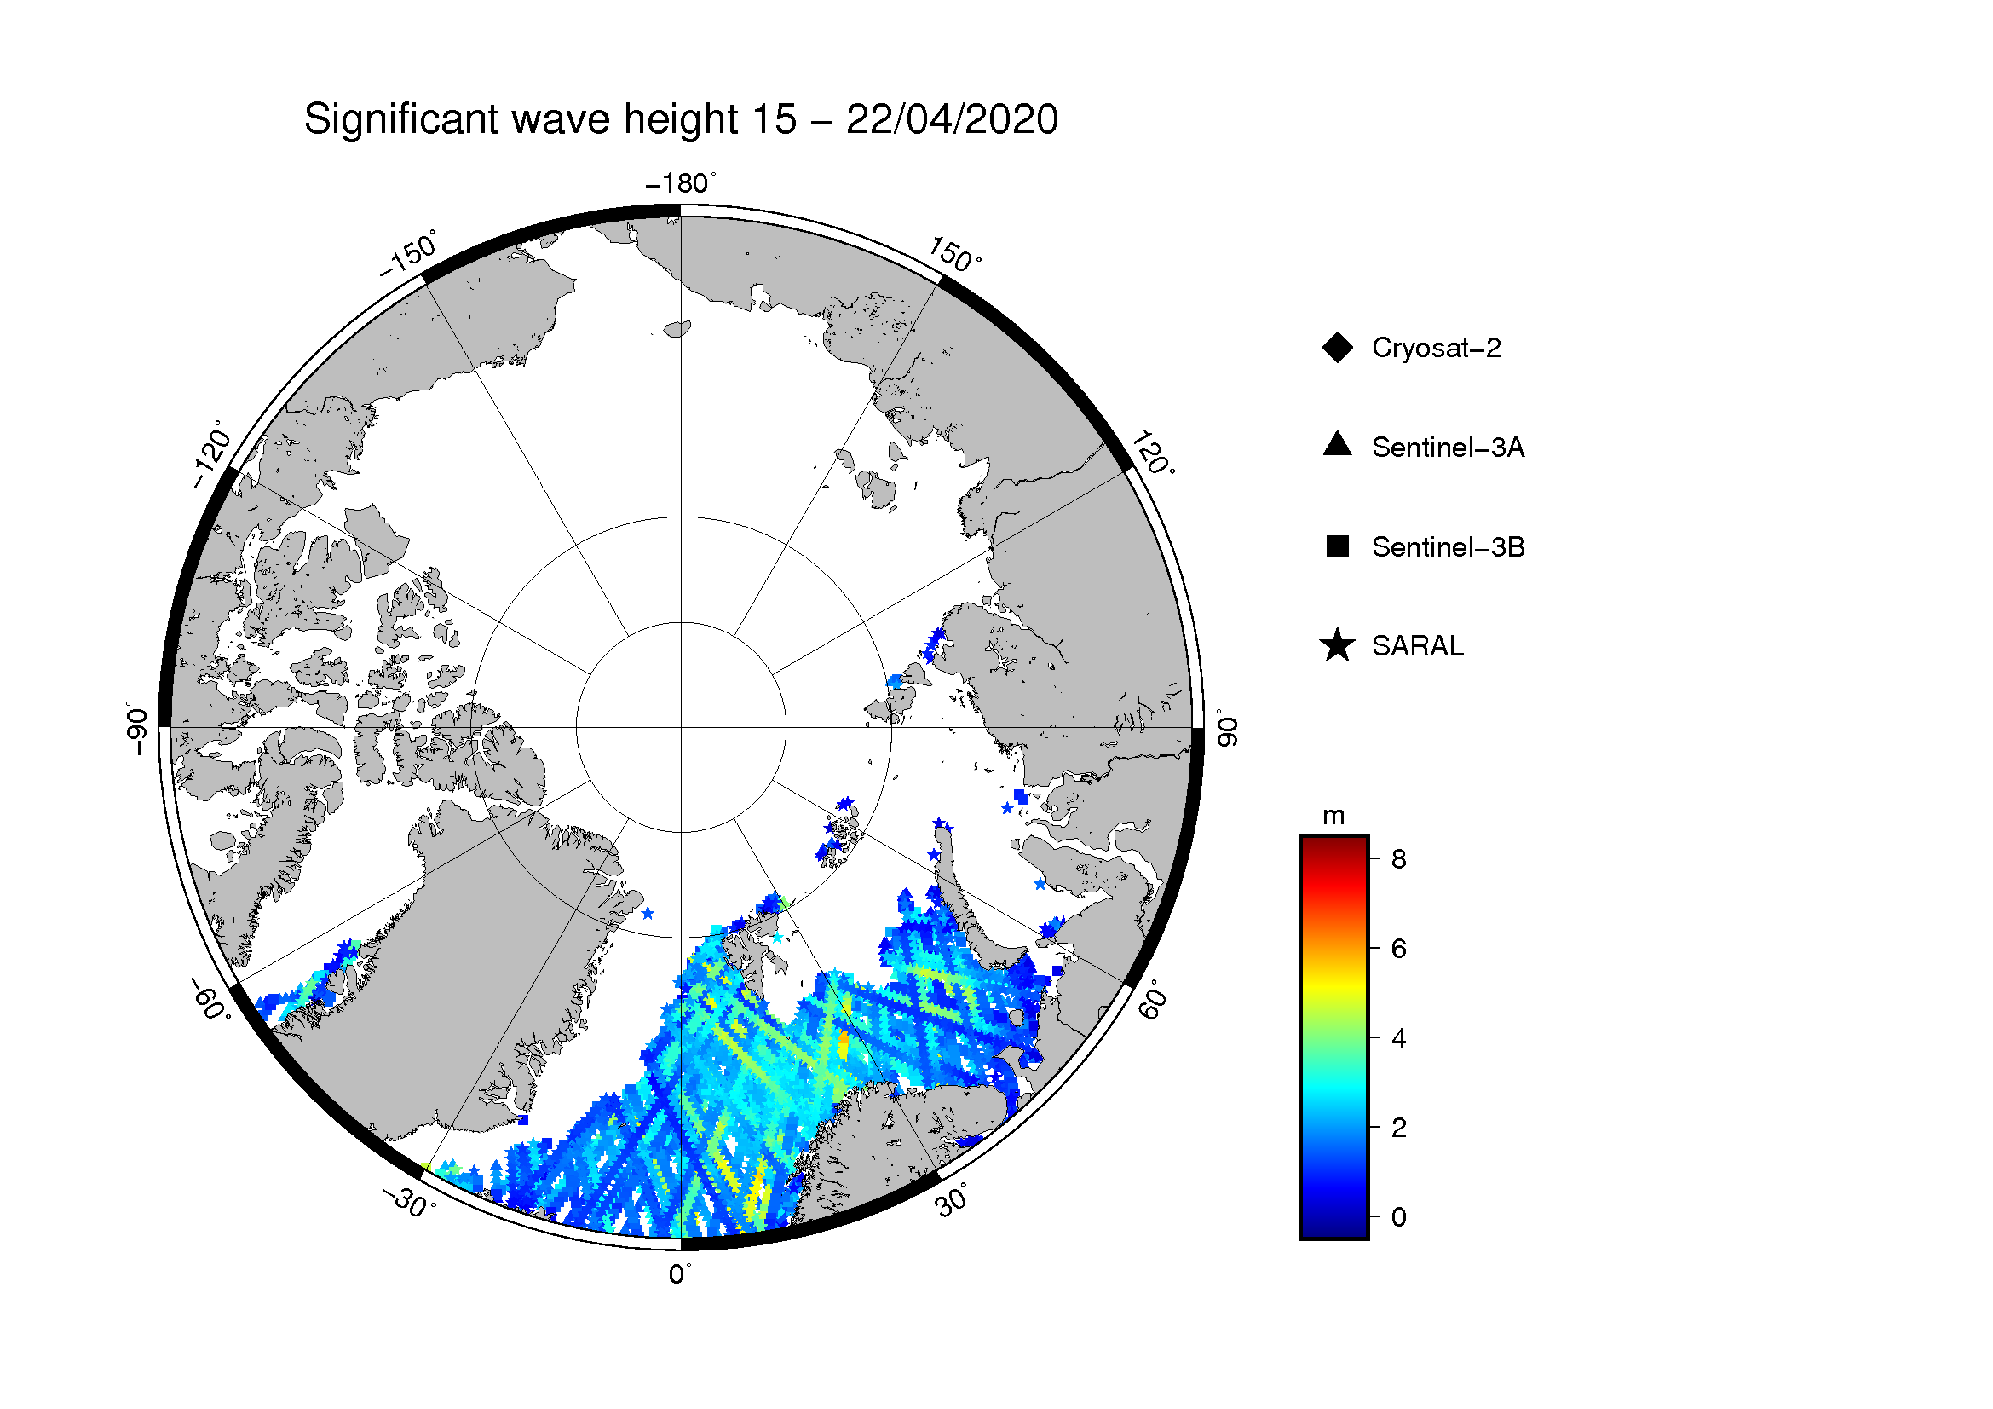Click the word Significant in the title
[402, 119]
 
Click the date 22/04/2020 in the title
[953, 119]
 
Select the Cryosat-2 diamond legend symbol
[1338, 348]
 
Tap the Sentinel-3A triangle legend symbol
[1338, 444]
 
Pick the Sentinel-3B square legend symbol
[1338, 547]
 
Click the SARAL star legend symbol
[1338, 646]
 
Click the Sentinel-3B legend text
[1448, 547]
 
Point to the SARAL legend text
[1418, 646]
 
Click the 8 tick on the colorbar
[1398, 858]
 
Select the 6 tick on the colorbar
[1398, 948]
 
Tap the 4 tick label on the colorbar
[1398, 1037]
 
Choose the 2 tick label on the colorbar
[1398, 1127]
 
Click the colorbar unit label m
[1333, 816]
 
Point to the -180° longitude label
[682, 183]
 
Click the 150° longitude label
[955, 254]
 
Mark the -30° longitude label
[409, 1202]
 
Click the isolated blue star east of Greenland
[648, 913]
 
